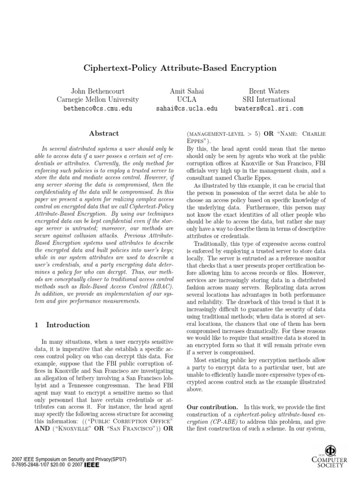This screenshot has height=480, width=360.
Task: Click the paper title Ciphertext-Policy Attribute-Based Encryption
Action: [180, 68]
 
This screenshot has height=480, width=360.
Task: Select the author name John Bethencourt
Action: [97, 91]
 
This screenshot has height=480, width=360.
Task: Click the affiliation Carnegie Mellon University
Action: [97, 99]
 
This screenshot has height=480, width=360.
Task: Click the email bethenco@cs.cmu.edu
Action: [97, 108]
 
